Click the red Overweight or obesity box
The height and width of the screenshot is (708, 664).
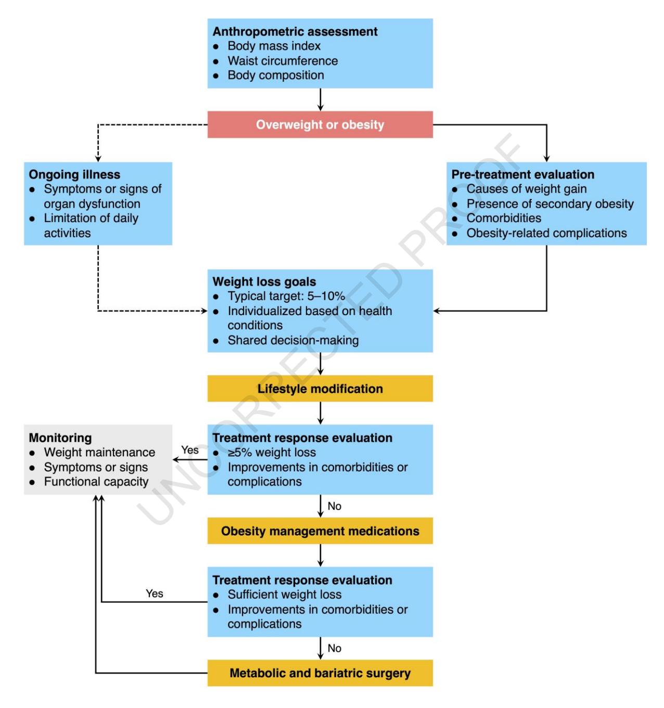click(x=320, y=125)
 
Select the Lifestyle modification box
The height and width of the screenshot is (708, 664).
click(x=320, y=388)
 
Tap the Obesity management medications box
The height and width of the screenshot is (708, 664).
click(x=320, y=531)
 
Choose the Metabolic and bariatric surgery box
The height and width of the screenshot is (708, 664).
click(x=320, y=673)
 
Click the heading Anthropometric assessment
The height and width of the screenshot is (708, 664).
click(x=295, y=31)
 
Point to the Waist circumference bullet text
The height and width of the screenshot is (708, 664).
click(x=283, y=60)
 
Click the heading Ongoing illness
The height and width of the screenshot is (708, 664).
click(x=74, y=175)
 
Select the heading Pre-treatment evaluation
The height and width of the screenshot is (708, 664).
click(x=523, y=175)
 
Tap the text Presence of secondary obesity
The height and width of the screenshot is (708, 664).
click(x=550, y=204)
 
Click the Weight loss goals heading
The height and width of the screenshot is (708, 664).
click(x=264, y=282)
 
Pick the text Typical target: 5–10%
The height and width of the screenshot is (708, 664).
click(x=286, y=296)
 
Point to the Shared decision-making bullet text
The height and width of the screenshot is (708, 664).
click(x=293, y=340)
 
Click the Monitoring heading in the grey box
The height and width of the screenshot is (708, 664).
click(x=60, y=438)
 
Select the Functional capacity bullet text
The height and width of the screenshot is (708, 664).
click(x=96, y=481)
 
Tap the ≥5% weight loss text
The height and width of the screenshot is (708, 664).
click(x=272, y=452)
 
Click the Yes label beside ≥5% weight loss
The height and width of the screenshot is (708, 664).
click(x=190, y=450)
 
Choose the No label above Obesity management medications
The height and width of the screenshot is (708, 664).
click(x=334, y=506)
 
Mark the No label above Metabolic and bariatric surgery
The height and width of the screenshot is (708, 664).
click(x=334, y=648)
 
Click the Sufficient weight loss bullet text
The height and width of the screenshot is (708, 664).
click(x=285, y=594)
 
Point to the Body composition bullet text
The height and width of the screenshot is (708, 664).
click(x=276, y=75)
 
